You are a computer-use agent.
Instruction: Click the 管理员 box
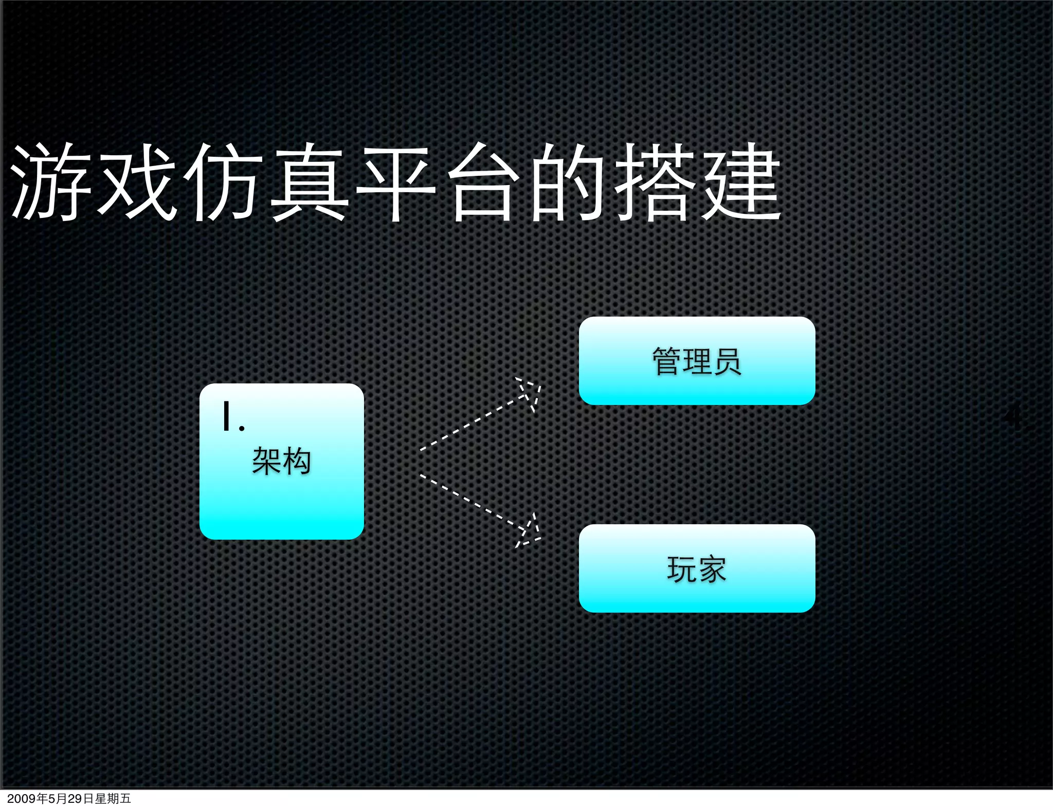click(x=697, y=361)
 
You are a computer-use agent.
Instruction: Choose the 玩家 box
click(x=697, y=568)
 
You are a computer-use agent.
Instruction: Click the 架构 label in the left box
click(x=281, y=461)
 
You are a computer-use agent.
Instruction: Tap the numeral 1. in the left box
click(x=232, y=417)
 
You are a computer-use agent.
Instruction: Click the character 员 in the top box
click(x=727, y=361)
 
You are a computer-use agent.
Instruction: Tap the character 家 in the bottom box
click(x=712, y=569)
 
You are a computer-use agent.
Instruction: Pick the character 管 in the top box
click(x=667, y=361)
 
